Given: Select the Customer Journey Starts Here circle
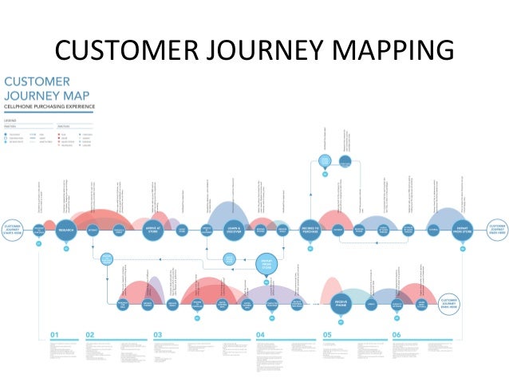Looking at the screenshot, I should pyautogui.click(x=14, y=230).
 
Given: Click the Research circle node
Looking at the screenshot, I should pyautogui.click(x=66, y=230).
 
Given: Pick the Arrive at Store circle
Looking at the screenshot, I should pyautogui.click(x=156, y=230).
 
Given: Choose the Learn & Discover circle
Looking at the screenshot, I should pyautogui.click(x=233, y=230).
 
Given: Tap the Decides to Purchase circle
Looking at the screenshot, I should pyautogui.click(x=310, y=230).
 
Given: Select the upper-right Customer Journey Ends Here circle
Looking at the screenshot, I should pyautogui.click(x=495, y=230).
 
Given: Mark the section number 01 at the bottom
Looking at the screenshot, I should pyautogui.click(x=55, y=334).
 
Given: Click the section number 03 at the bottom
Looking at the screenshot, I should pyautogui.click(x=157, y=334).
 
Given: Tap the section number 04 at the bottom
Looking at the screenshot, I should pyautogui.click(x=260, y=334).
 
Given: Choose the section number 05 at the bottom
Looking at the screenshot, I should pyautogui.click(x=327, y=334).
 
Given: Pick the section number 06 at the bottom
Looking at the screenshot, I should pyautogui.click(x=396, y=334).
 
